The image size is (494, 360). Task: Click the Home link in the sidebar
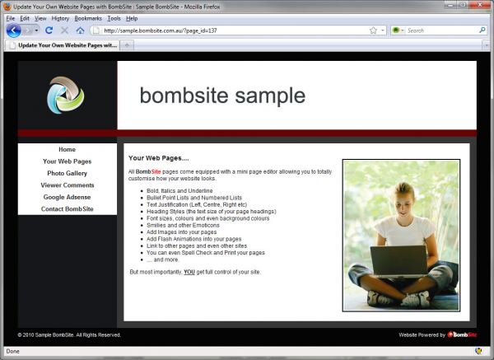67,149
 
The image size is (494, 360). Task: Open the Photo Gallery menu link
67,173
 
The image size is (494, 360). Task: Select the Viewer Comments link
68,185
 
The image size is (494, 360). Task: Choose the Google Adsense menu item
67,197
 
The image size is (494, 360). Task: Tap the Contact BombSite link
68,209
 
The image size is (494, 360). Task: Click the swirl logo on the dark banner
66,95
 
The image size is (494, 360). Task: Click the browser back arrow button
13,30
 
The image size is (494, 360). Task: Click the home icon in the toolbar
80,30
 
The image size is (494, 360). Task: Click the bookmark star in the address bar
373,30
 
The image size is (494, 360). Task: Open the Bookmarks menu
88,18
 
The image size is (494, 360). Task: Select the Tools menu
114,18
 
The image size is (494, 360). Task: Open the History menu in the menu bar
60,18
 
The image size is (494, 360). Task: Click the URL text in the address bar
161,30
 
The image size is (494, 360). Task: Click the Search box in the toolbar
442,30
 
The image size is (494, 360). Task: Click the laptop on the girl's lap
399,262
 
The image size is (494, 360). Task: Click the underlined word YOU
189,272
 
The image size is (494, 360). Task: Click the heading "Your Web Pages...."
158,158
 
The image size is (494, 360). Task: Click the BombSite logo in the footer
462,334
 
